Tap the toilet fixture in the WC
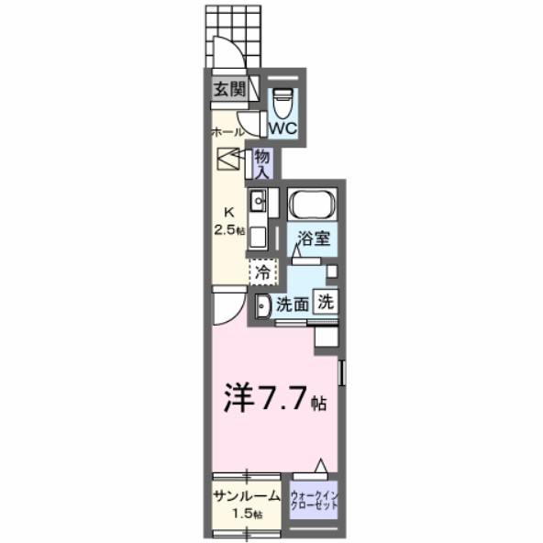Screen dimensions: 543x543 click(x=283, y=96)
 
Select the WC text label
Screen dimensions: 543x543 click(x=283, y=127)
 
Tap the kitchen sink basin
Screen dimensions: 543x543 click(x=259, y=200)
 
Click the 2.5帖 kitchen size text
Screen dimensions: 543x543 click(x=229, y=229)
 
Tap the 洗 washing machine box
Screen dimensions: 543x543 click(x=325, y=300)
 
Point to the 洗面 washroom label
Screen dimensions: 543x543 click(x=293, y=304)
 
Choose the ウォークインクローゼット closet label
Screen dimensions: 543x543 click(x=316, y=502)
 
